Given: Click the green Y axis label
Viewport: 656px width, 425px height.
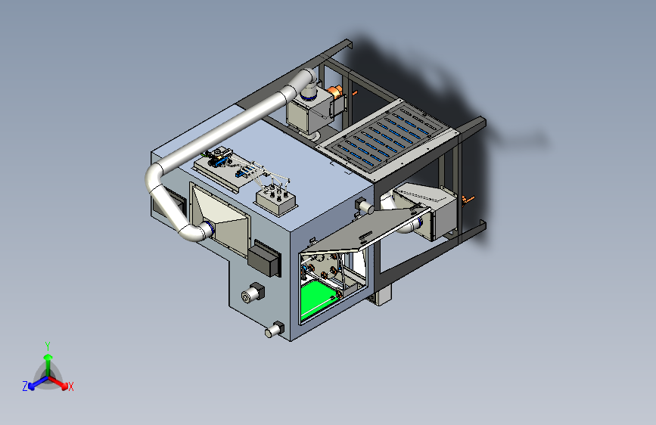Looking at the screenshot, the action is (x=48, y=346).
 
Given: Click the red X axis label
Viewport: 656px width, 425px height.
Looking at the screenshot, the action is (x=70, y=386).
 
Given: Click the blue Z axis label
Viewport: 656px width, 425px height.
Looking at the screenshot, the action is (x=25, y=386).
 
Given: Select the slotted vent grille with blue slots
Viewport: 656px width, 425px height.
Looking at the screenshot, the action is (x=385, y=135).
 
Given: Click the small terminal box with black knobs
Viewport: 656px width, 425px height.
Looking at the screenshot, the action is (x=276, y=201).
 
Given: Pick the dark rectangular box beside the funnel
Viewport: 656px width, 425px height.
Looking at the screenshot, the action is (x=264, y=259).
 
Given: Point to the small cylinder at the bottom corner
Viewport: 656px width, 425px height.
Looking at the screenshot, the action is (x=275, y=330).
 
